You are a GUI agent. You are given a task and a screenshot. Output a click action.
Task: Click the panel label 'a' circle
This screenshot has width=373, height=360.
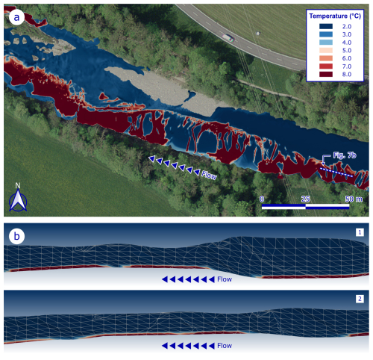point(16,17)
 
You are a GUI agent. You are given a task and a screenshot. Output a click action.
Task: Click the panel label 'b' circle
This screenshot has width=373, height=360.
point(16,236)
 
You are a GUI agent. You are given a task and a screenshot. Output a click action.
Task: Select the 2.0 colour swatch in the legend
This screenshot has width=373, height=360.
point(326,26)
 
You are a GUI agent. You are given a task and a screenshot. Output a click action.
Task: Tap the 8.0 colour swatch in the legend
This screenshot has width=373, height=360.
point(326,74)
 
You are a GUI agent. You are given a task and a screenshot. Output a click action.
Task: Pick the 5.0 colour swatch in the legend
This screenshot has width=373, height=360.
point(326,50)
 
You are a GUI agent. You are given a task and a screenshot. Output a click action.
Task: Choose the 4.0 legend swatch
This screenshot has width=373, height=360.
point(326,43)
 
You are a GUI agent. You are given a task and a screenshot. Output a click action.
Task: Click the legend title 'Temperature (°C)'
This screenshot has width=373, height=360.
point(335,16)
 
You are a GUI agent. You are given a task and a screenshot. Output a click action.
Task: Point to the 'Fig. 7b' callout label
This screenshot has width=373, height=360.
point(345,155)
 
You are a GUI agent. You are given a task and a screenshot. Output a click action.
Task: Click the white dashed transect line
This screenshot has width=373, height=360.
point(336,173)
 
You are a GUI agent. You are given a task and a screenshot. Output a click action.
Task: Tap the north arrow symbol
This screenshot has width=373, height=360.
point(18,200)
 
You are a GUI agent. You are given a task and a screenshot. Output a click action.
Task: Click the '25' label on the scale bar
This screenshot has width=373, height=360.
point(306,199)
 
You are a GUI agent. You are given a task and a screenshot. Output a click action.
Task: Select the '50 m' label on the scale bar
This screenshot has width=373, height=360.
point(354,199)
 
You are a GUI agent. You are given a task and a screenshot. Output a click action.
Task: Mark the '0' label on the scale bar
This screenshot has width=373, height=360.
point(262,199)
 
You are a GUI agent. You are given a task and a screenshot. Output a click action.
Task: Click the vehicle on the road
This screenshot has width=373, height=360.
point(228,37)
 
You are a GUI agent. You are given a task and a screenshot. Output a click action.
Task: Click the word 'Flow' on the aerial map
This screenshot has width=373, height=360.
point(209,176)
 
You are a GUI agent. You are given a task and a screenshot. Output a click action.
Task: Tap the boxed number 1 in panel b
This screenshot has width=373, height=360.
point(360,232)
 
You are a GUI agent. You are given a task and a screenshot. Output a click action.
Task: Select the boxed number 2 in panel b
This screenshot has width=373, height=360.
point(360,299)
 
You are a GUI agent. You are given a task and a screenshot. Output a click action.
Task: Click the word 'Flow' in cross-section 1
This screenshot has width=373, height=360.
point(225,279)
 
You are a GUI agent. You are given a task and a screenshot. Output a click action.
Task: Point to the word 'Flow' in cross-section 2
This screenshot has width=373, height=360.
point(225,346)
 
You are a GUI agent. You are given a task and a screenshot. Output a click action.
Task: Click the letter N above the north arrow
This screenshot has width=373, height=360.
point(18,185)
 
